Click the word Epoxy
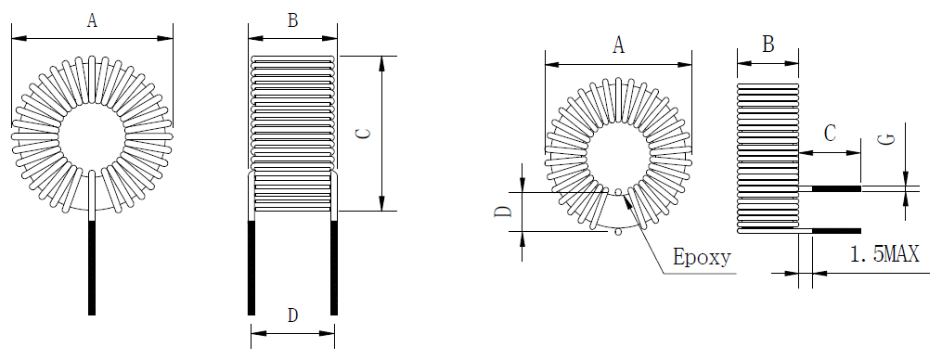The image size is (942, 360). tap(702, 257)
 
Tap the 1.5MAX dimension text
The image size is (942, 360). tap(885, 254)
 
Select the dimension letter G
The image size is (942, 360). tap(886, 139)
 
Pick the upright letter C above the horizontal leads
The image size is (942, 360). tap(830, 134)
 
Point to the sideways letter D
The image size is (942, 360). tap(503, 212)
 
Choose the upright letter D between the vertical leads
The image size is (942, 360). tap(292, 315)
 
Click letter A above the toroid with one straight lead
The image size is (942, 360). tap(92, 21)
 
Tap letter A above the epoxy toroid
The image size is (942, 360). tap(618, 45)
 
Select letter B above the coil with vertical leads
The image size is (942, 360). tap(292, 21)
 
